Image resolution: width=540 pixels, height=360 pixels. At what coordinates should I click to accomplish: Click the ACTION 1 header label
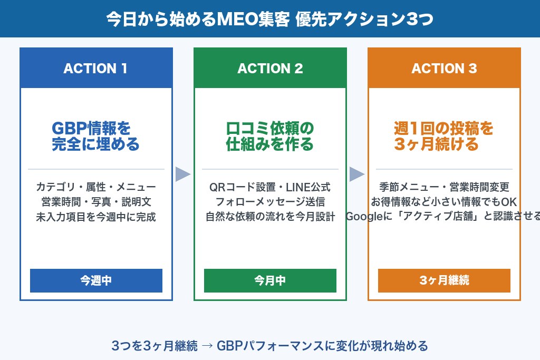(95, 69)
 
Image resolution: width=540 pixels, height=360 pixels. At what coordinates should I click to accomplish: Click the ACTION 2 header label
(270, 69)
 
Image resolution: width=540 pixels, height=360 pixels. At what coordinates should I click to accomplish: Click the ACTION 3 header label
(444, 69)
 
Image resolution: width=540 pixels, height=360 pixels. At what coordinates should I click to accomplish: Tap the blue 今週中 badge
(96, 280)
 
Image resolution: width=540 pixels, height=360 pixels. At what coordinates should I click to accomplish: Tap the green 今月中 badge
(270, 280)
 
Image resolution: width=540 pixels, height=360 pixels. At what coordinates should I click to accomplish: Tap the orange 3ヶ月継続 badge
(444, 280)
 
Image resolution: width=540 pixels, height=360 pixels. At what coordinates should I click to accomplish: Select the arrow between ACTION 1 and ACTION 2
(182, 174)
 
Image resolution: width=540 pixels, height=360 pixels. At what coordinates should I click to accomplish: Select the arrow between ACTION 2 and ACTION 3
(356, 174)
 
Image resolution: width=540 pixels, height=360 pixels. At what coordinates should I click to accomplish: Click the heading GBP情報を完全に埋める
(95, 136)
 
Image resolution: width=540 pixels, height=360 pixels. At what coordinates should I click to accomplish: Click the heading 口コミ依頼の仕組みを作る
(270, 136)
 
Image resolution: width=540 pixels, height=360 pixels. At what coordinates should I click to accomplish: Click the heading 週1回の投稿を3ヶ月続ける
(444, 136)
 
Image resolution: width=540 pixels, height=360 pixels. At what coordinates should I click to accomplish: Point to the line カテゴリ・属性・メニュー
(96, 187)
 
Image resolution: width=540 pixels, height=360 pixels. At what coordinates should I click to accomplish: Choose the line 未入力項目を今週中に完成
(96, 217)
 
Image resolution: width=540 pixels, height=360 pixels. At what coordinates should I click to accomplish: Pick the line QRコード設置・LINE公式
(270, 187)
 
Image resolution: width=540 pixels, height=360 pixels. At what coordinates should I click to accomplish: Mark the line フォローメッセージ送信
(270, 202)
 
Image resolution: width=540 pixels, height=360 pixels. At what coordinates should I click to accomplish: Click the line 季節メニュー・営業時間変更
(444, 187)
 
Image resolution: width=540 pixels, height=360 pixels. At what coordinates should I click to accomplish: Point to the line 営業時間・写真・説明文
(96, 202)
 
